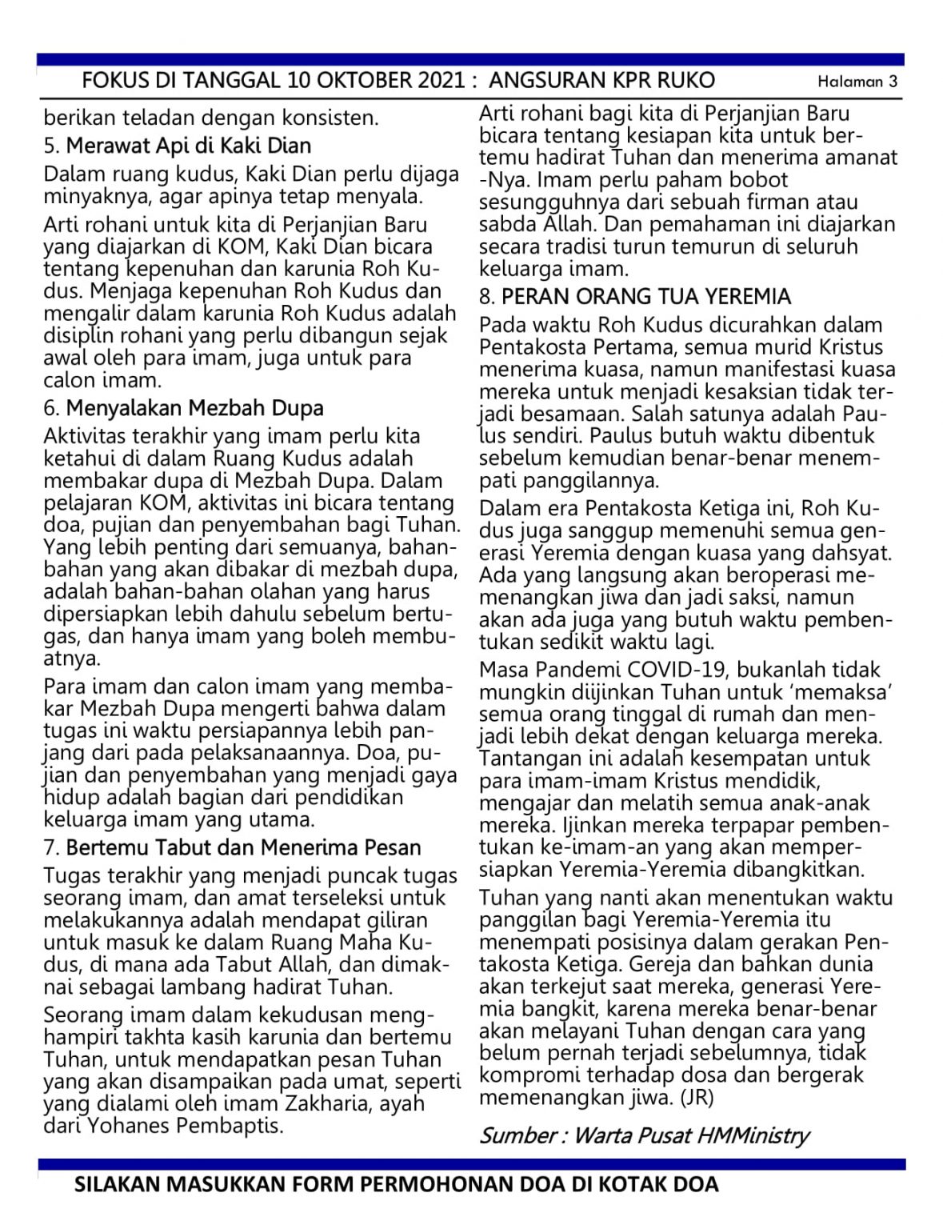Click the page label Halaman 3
857,81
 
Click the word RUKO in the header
685,80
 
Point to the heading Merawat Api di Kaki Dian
188,146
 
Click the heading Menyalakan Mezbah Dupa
194,408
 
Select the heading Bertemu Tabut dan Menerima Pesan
243,847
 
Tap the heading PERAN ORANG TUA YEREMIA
645,297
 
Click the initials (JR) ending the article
697,1097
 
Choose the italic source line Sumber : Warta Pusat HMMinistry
644,1135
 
